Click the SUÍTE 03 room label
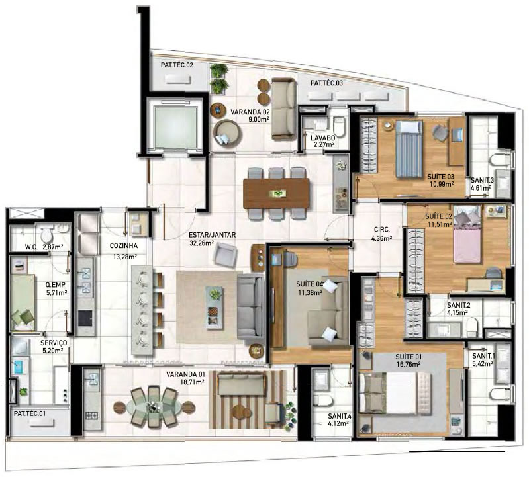coord(440,176)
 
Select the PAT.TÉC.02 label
coord(177,65)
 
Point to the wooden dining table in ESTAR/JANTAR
coord(276,193)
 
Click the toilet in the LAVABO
coord(339,126)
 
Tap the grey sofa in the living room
coord(251,308)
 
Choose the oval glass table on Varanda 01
coord(154,408)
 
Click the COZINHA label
coord(124,246)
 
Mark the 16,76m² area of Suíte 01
coord(409,364)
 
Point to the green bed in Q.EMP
coord(23,301)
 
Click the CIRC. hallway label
coord(382,230)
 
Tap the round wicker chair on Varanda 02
coord(227,132)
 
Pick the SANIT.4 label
coord(340,417)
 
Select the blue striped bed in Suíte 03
coord(409,149)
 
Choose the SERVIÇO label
coord(54,343)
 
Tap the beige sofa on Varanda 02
coord(284,108)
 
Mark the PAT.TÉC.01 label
coord(30,413)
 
